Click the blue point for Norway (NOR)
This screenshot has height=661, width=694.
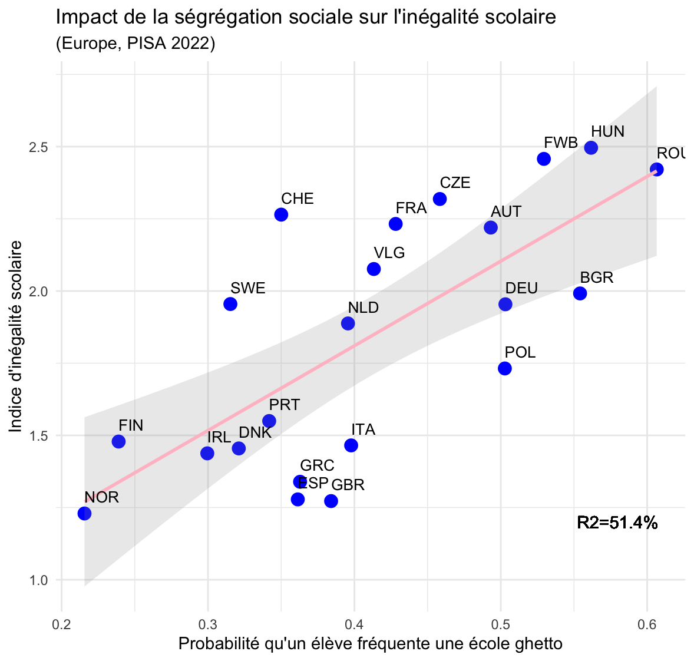[84, 513]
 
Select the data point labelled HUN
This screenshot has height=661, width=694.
[591, 148]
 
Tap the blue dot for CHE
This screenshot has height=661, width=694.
[281, 214]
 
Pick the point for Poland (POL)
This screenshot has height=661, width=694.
[505, 368]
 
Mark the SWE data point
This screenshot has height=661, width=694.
[230, 304]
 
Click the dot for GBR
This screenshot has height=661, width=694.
[331, 501]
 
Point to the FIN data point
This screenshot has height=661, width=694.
[118, 441]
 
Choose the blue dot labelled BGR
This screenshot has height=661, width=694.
[580, 293]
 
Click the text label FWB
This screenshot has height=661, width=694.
[560, 143]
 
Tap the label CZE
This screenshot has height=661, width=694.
[455, 183]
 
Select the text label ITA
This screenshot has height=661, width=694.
[363, 429]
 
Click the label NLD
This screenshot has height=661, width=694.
[363, 308]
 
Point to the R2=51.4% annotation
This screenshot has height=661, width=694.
[617, 523]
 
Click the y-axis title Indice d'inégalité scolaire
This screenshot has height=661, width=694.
[16, 336]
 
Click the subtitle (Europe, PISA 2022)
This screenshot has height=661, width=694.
[136, 44]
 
